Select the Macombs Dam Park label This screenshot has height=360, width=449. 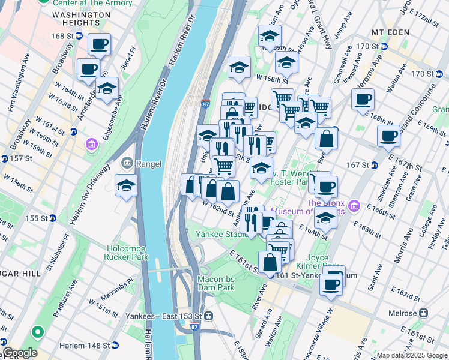[217, 284]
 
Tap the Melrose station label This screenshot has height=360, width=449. [408, 313]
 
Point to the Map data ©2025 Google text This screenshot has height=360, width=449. [412, 355]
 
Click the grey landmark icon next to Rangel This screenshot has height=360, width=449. [127, 162]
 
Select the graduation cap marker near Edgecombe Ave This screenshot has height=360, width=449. [107, 88]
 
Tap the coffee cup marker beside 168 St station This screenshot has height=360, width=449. [99, 44]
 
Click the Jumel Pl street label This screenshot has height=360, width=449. [129, 58]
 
